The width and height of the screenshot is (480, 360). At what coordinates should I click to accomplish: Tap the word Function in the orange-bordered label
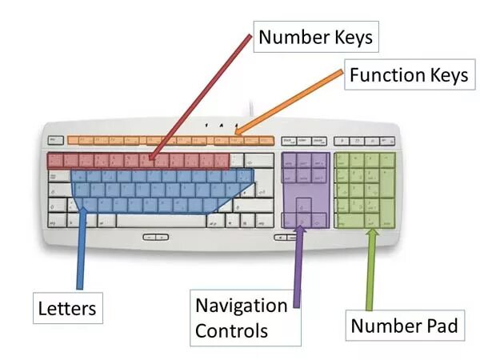pos(381,76)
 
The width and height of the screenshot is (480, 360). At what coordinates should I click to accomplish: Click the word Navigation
pos(242,306)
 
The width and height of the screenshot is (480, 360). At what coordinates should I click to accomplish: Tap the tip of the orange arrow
pos(236,132)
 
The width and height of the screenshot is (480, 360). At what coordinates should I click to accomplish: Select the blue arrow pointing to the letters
pos(81,248)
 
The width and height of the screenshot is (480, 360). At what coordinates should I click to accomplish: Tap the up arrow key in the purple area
pos(302,206)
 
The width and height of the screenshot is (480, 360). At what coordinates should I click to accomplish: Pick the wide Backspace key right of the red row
pos(258,160)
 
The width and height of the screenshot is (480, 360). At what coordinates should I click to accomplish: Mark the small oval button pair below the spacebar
pos(157,237)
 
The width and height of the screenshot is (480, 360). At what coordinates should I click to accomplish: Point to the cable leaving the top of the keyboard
pos(253,110)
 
